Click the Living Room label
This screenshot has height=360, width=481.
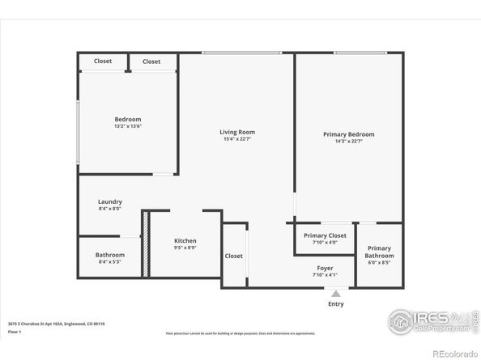pos(237,132)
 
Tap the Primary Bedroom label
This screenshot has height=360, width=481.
pos(349,134)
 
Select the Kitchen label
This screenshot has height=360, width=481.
pos(185,241)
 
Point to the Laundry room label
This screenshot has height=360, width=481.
pos(110,201)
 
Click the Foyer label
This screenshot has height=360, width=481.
pos(325,268)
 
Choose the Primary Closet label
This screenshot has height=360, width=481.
pos(325,235)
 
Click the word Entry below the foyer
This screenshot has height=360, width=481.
pos(335,304)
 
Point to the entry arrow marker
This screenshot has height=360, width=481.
pos(335,293)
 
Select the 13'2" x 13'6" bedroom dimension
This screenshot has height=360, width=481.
pos(128,126)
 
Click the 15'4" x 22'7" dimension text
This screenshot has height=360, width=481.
pos(237,139)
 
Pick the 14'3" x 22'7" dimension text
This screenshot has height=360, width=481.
pos(349,142)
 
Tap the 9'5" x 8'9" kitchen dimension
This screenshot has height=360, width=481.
pos(185,248)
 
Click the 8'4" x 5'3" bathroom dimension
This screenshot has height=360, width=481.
pos(110,261)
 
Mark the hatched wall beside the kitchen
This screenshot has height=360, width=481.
pos(146,244)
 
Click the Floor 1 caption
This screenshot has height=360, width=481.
pos(15,332)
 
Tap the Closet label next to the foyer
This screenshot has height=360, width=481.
pos(234,256)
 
